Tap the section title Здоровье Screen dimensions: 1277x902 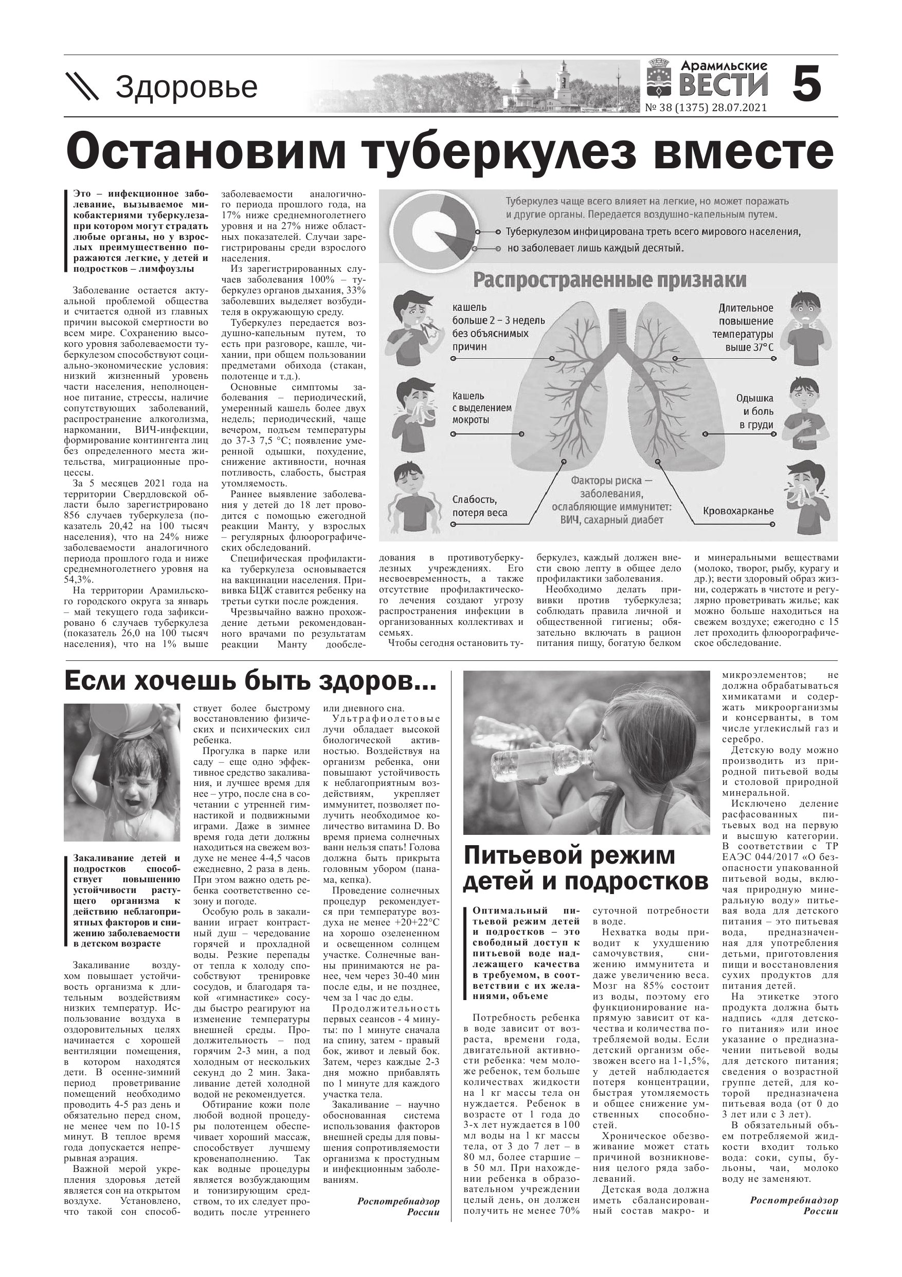(186, 88)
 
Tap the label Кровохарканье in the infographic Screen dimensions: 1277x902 (737, 511)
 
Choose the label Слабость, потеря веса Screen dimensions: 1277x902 (479, 506)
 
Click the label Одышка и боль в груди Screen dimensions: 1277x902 (754, 412)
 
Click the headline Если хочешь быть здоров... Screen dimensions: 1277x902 (250, 682)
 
